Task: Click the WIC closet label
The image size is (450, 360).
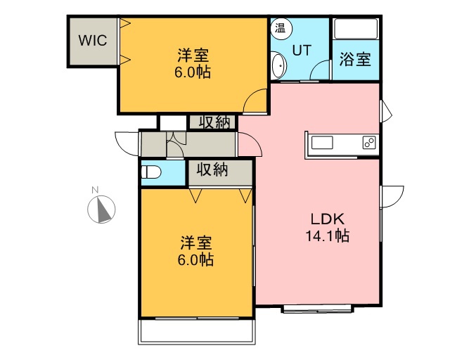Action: tap(93, 40)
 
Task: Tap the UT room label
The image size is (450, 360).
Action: tap(302, 50)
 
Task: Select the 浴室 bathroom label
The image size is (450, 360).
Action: tap(355, 59)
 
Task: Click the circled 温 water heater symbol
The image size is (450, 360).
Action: tap(281, 28)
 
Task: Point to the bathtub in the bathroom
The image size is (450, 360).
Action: tap(356, 29)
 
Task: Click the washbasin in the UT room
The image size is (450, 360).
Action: tap(278, 65)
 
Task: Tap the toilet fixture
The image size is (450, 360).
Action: tap(151, 172)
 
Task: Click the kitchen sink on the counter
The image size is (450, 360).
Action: tap(322, 143)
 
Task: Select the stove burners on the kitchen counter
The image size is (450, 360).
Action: tap(369, 143)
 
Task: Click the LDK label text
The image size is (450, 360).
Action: tap(328, 219)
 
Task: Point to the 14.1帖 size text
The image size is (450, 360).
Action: tap(327, 236)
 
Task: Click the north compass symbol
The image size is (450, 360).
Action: tap(101, 210)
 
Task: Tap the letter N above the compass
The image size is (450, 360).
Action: tap(95, 190)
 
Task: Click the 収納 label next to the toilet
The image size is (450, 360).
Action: tap(212, 169)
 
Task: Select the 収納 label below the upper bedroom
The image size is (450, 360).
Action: tap(214, 122)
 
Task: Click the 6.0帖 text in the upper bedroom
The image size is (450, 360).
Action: tap(193, 72)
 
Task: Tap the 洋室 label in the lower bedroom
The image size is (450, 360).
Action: tap(196, 243)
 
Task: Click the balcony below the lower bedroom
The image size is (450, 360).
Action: tap(197, 331)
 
